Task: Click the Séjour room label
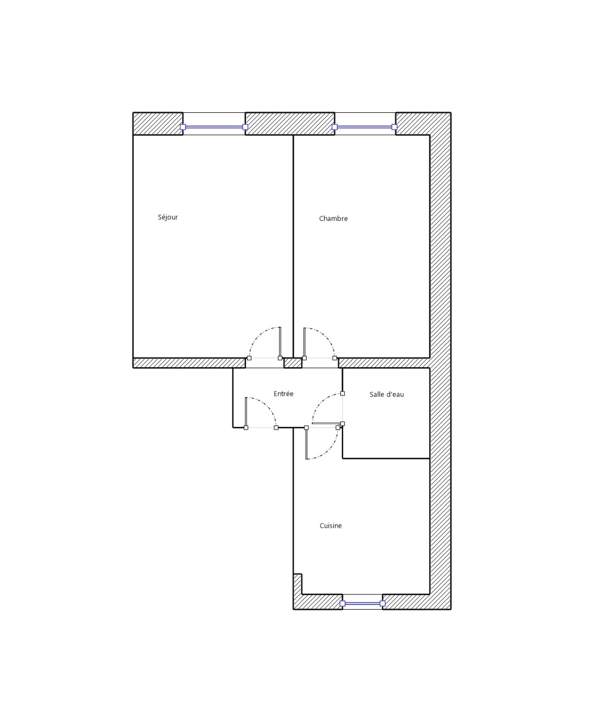pyautogui.click(x=167, y=217)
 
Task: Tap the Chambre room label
pyautogui.click(x=333, y=218)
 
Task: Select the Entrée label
pyautogui.click(x=283, y=393)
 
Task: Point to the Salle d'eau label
pyautogui.click(x=387, y=394)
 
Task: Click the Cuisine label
pyautogui.click(x=331, y=525)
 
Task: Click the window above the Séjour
pyautogui.click(x=214, y=127)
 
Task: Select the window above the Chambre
pyautogui.click(x=364, y=127)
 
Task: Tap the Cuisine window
pyautogui.click(x=362, y=604)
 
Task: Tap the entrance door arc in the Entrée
pyautogui.click(x=268, y=405)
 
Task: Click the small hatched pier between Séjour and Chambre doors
pyautogui.click(x=293, y=363)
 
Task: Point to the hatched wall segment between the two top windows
pyautogui.click(x=290, y=124)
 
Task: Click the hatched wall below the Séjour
pyautogui.click(x=189, y=363)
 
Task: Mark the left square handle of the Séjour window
pyautogui.click(x=183, y=127)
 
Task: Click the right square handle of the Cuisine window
pyautogui.click(x=382, y=604)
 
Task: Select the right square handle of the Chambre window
pyautogui.click(x=394, y=127)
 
